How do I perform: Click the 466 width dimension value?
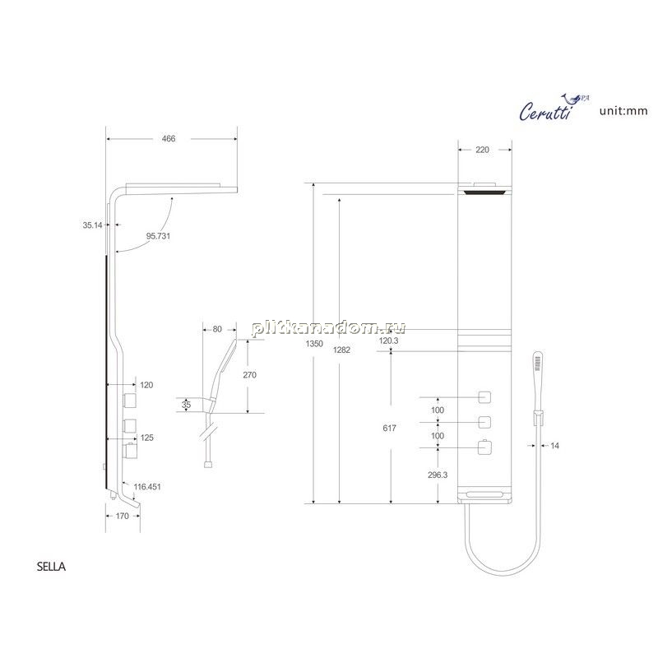point(169,138)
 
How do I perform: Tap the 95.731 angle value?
point(158,236)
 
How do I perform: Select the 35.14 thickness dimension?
point(92,225)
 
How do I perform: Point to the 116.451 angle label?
point(147,487)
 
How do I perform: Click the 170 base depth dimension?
point(122,516)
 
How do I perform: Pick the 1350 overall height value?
point(314,344)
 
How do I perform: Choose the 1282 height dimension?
point(341,350)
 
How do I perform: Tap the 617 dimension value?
point(389,428)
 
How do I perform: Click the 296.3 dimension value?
point(438,475)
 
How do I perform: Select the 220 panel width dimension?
point(483,150)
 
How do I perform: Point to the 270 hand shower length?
point(250,375)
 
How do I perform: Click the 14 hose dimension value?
point(554,446)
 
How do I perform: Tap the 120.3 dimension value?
point(388,341)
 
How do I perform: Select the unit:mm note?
point(623,111)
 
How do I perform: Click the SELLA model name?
point(51,567)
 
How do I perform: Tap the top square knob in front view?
point(484,397)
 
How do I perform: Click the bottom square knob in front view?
point(484,447)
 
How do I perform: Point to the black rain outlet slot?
point(484,192)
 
